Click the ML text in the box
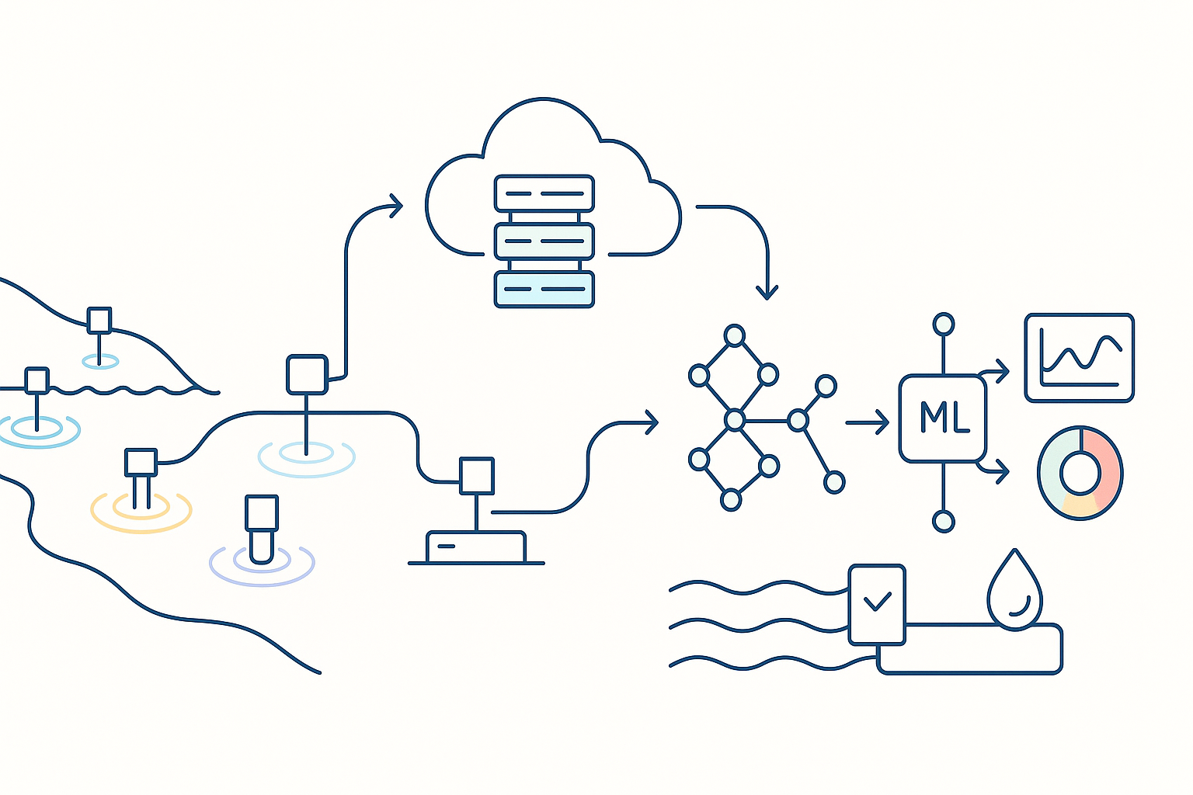[x=944, y=418]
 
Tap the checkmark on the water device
[x=878, y=601]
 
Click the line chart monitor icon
[x=1080, y=358]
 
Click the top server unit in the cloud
[x=544, y=193]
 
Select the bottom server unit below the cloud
[x=544, y=289]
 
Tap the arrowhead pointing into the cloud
[x=396, y=207]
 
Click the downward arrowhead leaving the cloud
[x=767, y=293]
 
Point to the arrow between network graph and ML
[x=868, y=422]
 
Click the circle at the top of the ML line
[x=944, y=325]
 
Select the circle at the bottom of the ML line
[x=944, y=522]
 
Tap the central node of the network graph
[x=735, y=421]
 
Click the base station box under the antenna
[x=476, y=547]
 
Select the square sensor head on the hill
[x=99, y=321]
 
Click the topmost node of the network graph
[x=735, y=336]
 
